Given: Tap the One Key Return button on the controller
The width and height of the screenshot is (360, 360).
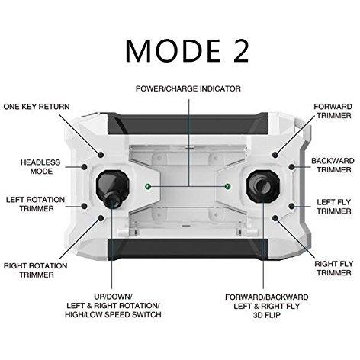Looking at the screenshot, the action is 101,155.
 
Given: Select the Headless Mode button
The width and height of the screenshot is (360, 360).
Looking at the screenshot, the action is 85,167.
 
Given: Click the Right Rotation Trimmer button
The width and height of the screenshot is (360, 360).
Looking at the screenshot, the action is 101,218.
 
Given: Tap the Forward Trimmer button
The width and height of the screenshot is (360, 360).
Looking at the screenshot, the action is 275,155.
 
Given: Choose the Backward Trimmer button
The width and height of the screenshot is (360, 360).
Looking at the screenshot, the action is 291,167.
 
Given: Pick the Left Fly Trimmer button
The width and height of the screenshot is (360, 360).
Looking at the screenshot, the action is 291,206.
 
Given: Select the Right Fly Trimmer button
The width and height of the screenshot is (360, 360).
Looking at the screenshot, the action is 275,218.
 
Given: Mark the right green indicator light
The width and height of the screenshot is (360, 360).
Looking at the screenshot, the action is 228,187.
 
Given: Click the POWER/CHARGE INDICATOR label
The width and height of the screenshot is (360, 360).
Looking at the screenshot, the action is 188,88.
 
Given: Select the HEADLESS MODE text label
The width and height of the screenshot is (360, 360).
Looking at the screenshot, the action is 40,167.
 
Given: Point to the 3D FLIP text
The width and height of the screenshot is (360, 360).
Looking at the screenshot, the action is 267,315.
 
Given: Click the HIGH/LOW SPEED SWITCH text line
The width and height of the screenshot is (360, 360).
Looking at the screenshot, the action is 113,314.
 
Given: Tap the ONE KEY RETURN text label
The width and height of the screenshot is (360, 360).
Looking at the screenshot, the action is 37,107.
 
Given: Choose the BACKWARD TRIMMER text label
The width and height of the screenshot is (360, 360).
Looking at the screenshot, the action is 333,166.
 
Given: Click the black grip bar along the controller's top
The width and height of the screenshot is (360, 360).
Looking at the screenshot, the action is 188,124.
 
